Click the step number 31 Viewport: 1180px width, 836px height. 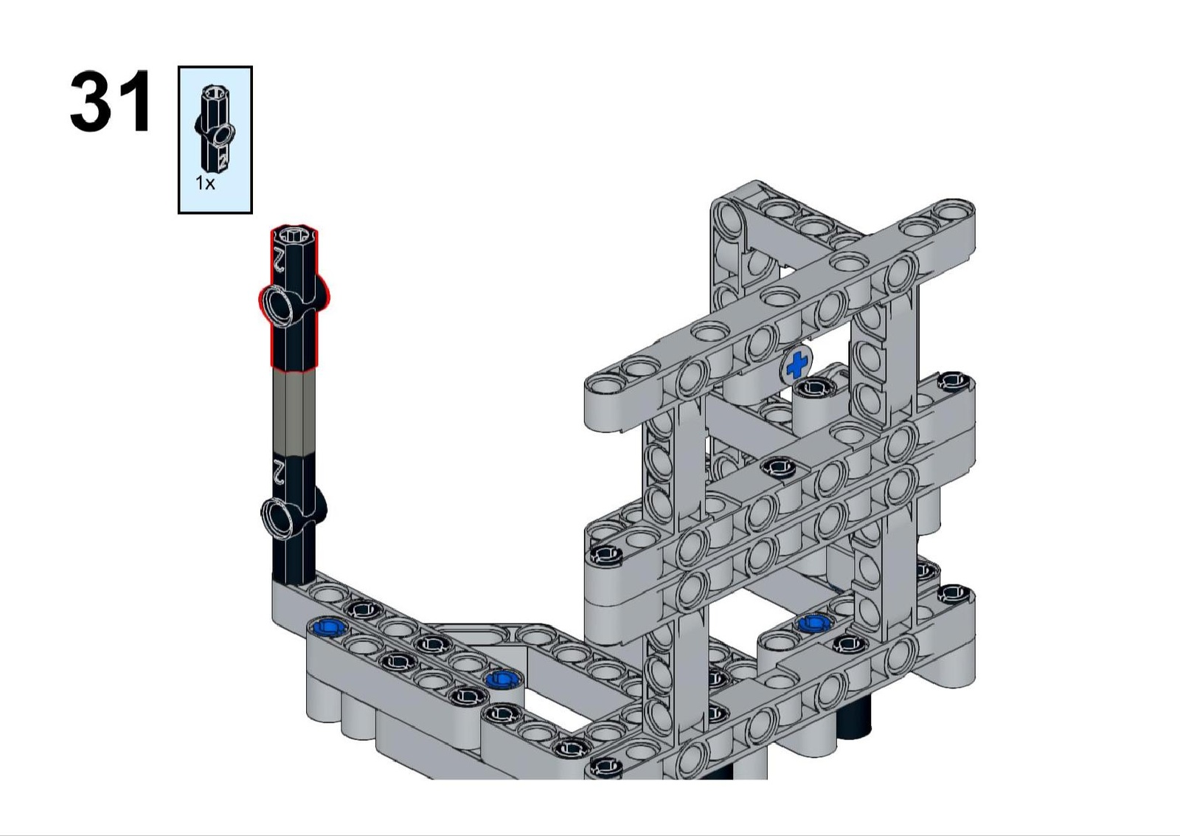click(x=111, y=101)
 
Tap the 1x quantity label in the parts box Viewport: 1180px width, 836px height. click(x=206, y=184)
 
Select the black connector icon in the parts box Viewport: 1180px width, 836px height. click(x=216, y=128)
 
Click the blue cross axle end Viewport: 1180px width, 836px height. click(x=796, y=365)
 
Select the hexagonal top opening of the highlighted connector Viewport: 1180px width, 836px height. click(x=295, y=235)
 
